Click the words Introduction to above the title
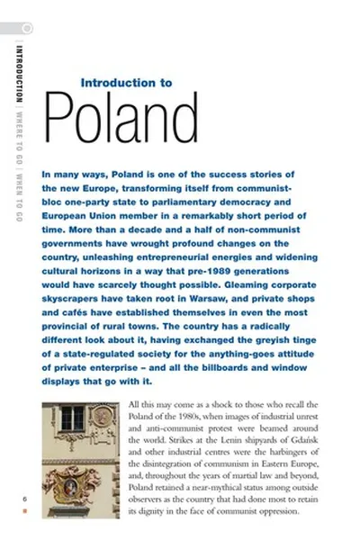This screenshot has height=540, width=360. pos(126,82)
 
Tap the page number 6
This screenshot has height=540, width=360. pos(25,498)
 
